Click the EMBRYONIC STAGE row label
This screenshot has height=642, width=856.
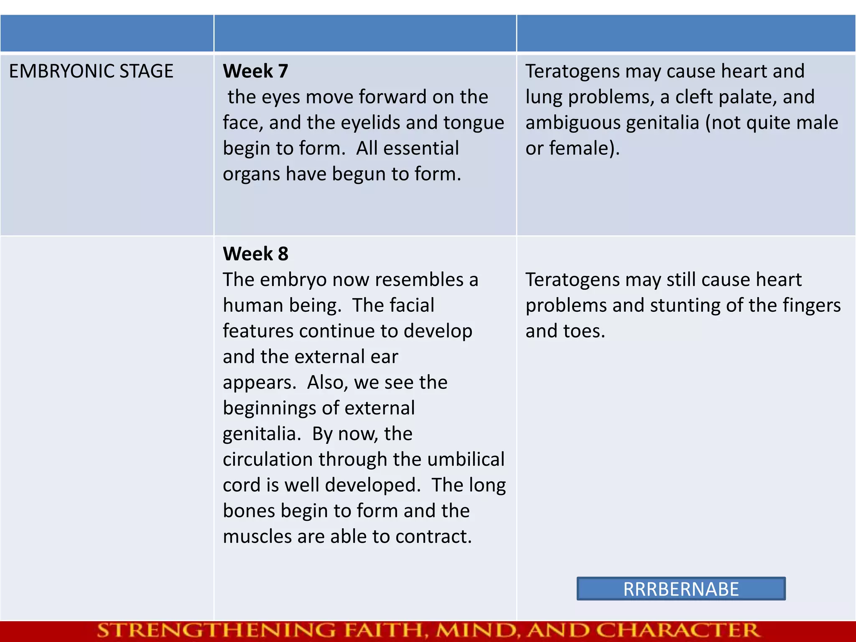(x=91, y=71)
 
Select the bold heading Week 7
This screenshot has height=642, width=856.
(x=255, y=71)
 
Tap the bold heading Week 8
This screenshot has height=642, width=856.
(x=255, y=254)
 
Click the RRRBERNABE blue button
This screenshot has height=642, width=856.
(x=681, y=589)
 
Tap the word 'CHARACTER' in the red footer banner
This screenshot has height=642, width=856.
(x=677, y=631)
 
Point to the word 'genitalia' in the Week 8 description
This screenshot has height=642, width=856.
(x=259, y=434)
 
